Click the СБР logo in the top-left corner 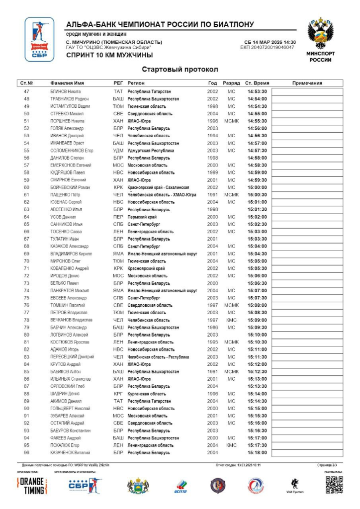click(39, 39)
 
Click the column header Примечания click(307, 83)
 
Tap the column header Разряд click(231, 83)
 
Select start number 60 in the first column click(27, 187)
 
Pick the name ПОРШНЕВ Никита click(67, 121)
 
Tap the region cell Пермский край click(142, 217)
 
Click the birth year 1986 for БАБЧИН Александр click(212, 328)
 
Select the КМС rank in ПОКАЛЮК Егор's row click(231, 445)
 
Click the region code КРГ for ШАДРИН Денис click(118, 394)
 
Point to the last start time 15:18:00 click(257, 453)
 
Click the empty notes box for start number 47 click(307, 91)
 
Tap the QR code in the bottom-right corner click(334, 485)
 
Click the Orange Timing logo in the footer click(32, 486)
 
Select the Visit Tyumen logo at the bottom click(294, 485)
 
